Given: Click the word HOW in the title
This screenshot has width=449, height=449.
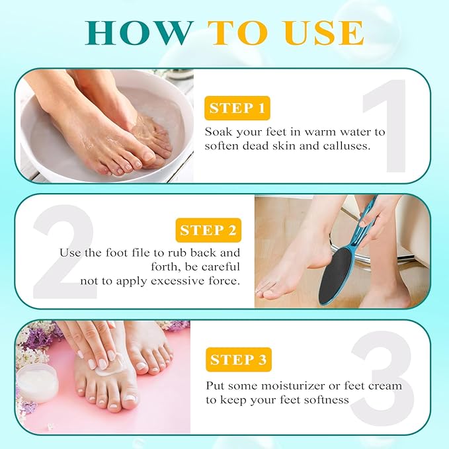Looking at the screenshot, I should (x=140, y=32).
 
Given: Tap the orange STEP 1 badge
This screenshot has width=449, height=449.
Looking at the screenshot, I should (x=236, y=107).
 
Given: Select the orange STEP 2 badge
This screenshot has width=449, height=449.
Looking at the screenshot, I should (x=208, y=230).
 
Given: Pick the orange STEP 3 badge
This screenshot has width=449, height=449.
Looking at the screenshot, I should (x=238, y=360).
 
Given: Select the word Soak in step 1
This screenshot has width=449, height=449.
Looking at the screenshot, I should (x=219, y=132).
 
